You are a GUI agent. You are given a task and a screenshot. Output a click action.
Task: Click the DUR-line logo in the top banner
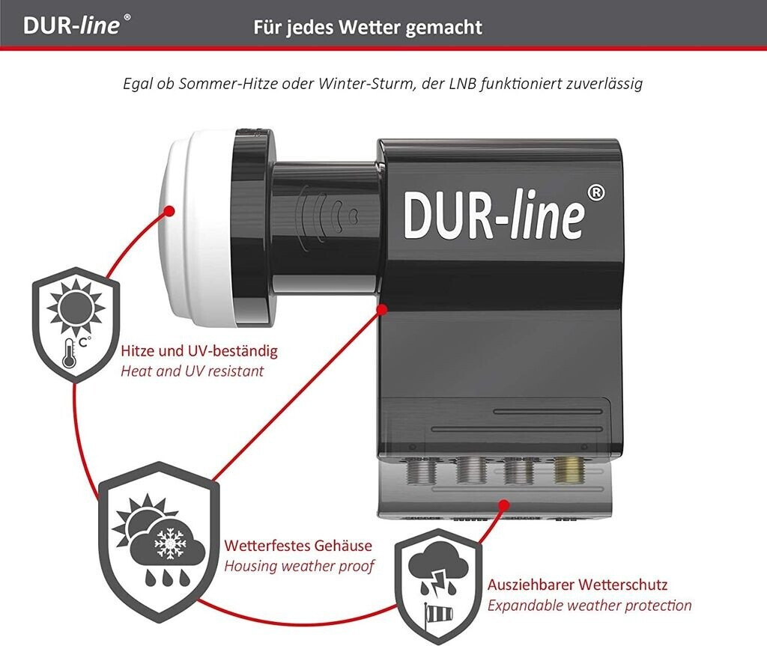[77, 25]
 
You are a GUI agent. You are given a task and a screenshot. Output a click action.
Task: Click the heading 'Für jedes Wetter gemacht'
[367, 28]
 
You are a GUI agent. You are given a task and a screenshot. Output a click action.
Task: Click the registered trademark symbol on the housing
[595, 193]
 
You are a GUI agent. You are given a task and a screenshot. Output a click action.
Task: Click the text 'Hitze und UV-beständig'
[199, 350]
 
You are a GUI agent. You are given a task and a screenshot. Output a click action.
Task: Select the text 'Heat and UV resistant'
[192, 371]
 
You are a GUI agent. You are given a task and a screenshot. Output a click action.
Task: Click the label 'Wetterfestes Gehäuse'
[298, 545]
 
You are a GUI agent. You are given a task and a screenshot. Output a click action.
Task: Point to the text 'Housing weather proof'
[299, 566]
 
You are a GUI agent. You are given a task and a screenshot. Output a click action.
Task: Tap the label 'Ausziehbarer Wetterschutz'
[577, 585]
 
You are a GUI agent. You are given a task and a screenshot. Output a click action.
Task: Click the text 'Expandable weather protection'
[589, 606]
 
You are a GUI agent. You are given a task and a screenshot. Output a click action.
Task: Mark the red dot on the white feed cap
[169, 211]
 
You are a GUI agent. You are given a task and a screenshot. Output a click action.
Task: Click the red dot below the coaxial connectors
[505, 505]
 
